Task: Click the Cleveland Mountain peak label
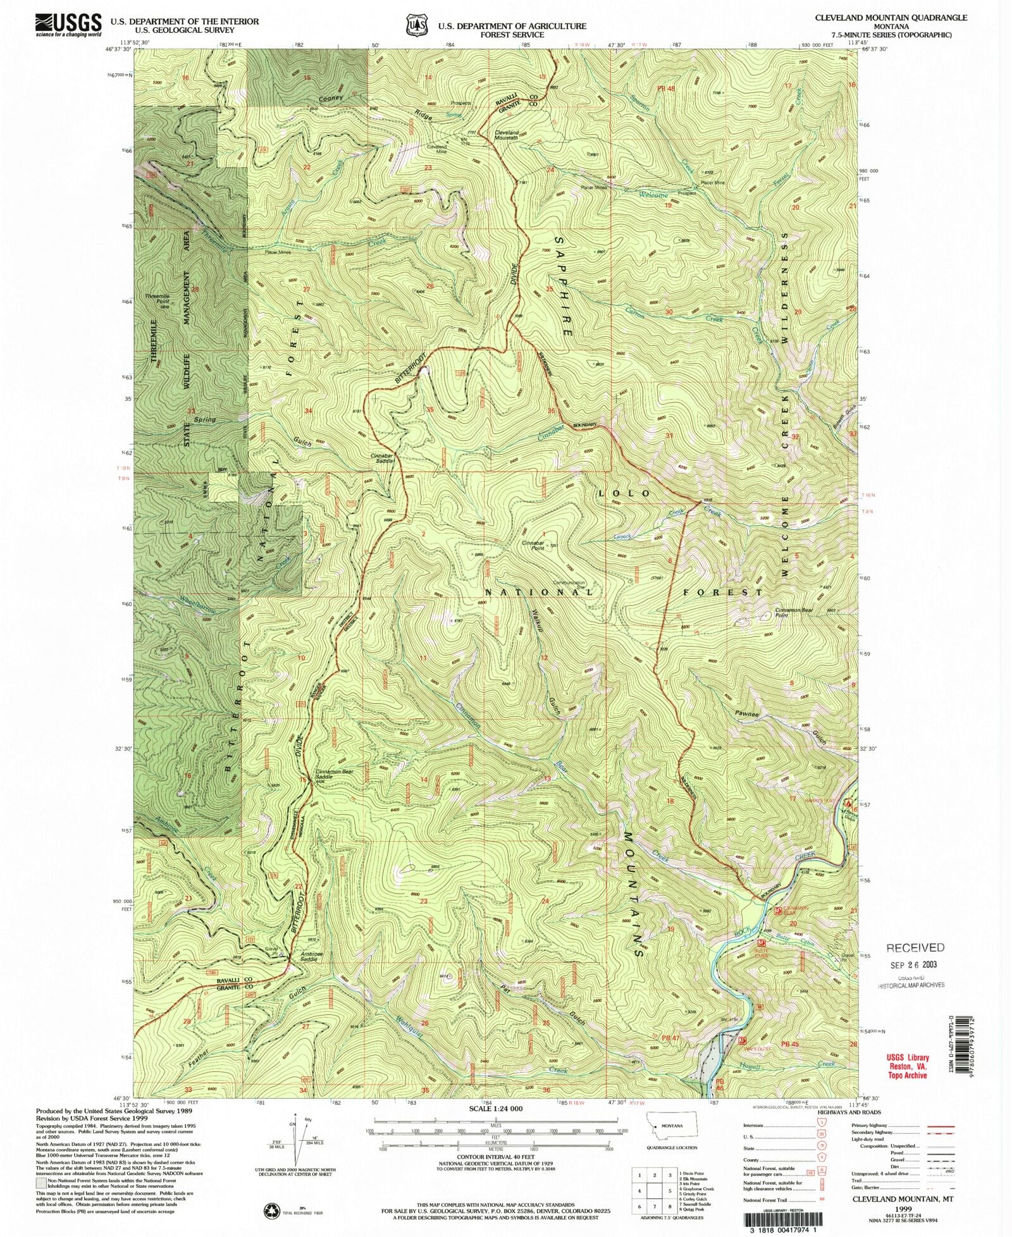tap(507, 135)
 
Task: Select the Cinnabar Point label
tap(533, 545)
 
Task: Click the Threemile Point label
tap(157, 299)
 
